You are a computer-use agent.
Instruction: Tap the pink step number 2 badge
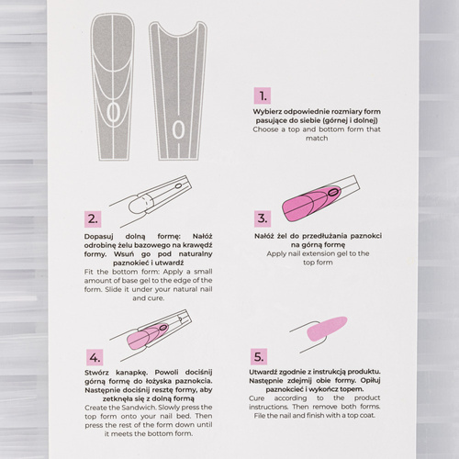(x=92, y=219)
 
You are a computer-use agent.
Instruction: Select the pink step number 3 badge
(x=263, y=218)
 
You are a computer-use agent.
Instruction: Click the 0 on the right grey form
(x=178, y=129)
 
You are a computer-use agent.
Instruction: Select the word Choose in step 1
(x=266, y=129)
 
